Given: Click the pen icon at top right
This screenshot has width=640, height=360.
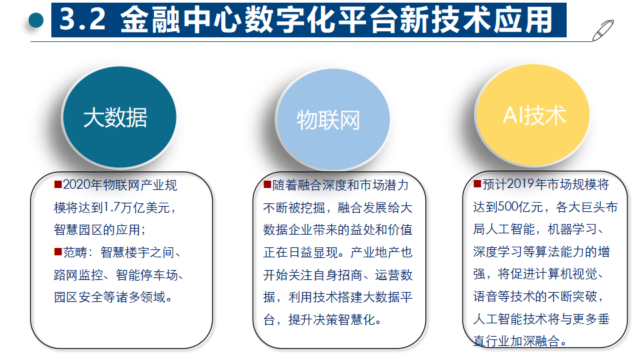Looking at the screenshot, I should (603, 29).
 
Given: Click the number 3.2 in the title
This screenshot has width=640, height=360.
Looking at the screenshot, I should (83, 20).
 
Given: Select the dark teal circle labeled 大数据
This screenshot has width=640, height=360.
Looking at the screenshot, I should (115, 117).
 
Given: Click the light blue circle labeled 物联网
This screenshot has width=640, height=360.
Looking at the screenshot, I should (328, 121).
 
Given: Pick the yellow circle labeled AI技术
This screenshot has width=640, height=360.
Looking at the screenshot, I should (533, 115).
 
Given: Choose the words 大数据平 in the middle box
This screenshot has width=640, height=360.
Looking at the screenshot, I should (391, 297).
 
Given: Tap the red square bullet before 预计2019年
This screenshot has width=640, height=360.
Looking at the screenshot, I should (477, 184).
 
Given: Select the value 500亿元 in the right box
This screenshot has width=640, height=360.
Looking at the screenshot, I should (513, 207).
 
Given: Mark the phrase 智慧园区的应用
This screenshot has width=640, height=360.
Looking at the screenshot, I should (100, 229).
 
